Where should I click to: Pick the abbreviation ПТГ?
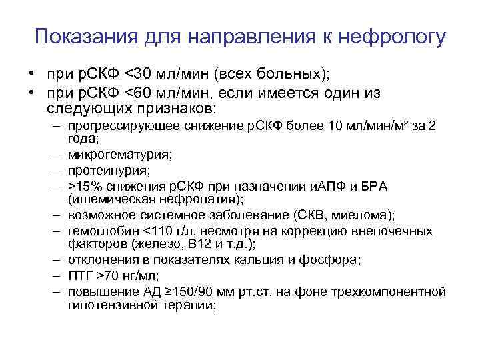pos(79,275)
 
